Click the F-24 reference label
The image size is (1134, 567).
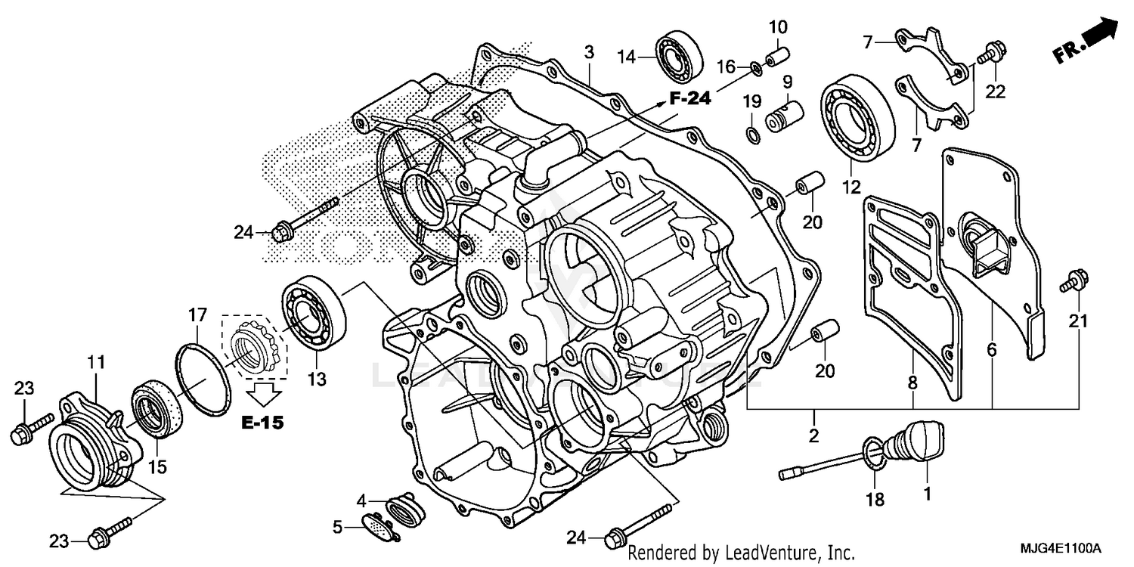point(689,98)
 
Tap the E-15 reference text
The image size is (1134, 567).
point(262,423)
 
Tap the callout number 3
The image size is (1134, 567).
point(589,52)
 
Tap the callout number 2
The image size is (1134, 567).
point(814,435)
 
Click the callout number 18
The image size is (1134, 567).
point(876,500)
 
